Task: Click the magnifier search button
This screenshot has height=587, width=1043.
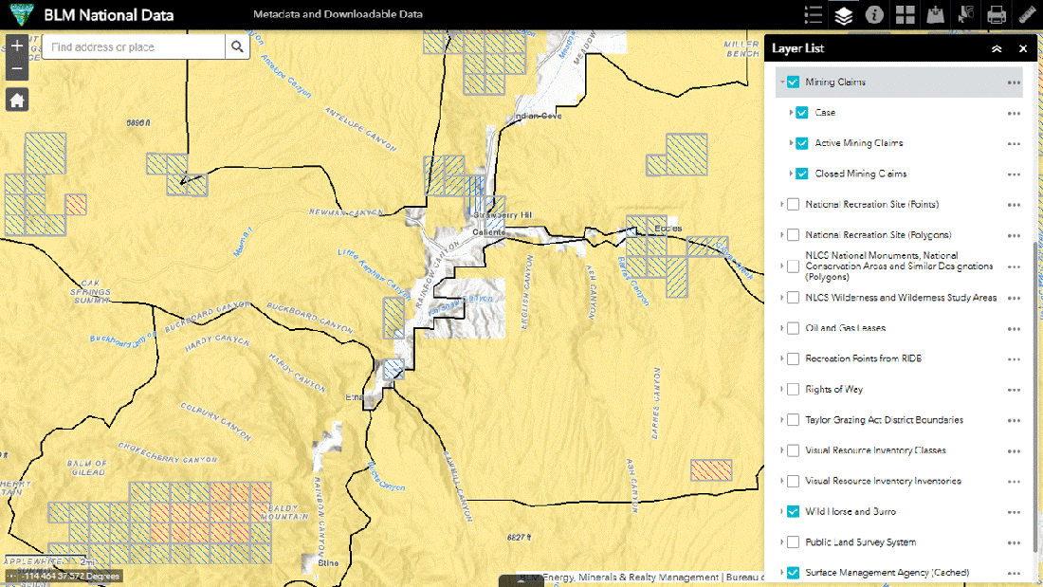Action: tap(237, 47)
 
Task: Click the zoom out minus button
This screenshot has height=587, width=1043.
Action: tap(17, 69)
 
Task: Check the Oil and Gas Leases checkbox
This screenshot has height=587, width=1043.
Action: tap(793, 328)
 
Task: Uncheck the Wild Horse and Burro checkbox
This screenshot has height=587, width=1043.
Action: tap(793, 511)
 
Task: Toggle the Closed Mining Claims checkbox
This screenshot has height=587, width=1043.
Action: tap(802, 174)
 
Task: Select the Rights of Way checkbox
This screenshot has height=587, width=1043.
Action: tap(793, 389)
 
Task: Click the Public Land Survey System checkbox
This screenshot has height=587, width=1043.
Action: tap(793, 542)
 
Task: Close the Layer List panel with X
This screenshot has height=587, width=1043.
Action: tap(1023, 48)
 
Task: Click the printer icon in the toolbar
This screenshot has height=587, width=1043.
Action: tap(996, 14)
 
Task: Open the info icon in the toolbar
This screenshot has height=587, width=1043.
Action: tap(874, 14)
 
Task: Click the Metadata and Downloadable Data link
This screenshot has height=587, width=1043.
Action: tap(338, 14)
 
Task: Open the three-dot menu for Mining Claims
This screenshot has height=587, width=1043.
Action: tap(1014, 83)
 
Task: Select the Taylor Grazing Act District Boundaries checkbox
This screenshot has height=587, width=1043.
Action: tap(793, 420)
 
